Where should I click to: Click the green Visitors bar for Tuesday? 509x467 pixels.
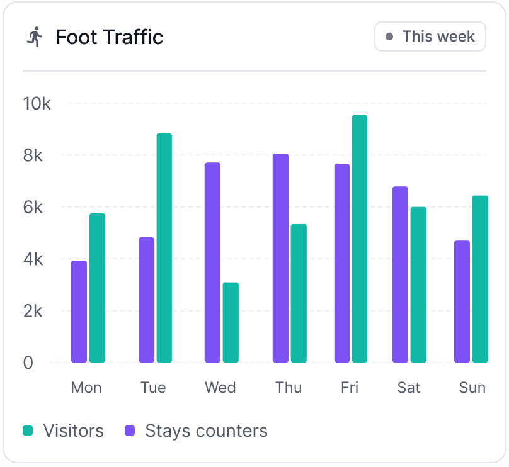(x=164, y=248)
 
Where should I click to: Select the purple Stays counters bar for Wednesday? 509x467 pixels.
(x=212, y=262)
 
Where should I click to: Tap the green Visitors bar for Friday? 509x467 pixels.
(x=359, y=239)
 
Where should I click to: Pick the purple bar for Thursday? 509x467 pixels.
(x=280, y=258)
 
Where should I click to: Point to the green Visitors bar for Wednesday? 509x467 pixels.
(x=231, y=322)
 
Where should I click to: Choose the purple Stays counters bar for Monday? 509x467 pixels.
(x=79, y=312)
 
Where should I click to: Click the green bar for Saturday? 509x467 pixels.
(x=418, y=284)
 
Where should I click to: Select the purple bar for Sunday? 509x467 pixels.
(x=462, y=301)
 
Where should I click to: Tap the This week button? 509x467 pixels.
(x=430, y=37)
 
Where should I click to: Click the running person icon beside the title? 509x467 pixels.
(x=35, y=37)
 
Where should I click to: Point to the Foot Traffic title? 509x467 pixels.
(x=109, y=37)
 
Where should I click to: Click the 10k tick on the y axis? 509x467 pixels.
(x=37, y=103)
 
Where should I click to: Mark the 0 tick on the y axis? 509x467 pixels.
(x=28, y=363)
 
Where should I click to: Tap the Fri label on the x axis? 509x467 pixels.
(x=350, y=387)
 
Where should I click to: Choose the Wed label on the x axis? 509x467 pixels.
(x=220, y=387)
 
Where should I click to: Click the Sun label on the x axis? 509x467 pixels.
(x=472, y=387)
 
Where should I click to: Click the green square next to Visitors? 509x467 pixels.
(x=28, y=431)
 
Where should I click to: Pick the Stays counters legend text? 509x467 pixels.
(x=206, y=431)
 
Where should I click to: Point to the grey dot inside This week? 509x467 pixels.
(x=389, y=37)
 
